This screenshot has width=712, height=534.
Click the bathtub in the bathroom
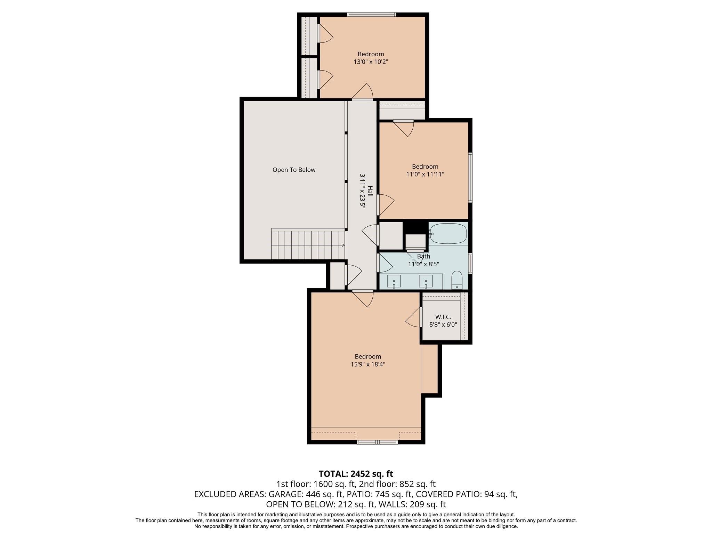448,234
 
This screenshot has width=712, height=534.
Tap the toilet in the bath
457,280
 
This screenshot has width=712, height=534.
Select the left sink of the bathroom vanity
394,281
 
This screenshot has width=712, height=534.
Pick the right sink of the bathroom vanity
426,281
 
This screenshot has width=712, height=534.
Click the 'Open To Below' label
294,170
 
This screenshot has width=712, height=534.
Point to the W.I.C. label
443,317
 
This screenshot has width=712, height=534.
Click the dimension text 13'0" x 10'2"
371,62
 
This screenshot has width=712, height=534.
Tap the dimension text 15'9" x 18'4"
368,364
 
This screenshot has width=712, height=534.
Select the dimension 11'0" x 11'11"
425,174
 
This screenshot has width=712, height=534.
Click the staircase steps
308,244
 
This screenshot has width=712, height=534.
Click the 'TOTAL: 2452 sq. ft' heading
356,474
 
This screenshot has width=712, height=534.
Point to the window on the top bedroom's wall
371,15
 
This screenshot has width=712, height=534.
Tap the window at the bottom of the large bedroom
378,442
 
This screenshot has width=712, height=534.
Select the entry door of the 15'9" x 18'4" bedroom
363,298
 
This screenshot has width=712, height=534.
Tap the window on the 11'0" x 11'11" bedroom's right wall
470,177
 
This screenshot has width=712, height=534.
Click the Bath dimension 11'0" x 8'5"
423,264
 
